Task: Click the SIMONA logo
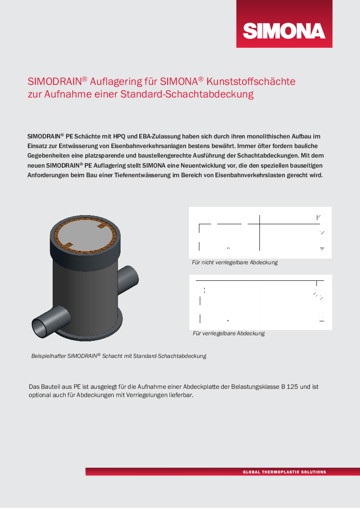(x=284, y=30)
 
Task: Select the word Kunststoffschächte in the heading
(x=251, y=81)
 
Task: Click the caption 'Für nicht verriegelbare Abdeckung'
(x=235, y=263)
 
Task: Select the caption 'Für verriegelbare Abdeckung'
(x=229, y=333)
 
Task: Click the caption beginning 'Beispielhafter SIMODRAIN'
(x=118, y=356)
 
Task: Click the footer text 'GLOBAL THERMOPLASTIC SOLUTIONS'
(x=284, y=472)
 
